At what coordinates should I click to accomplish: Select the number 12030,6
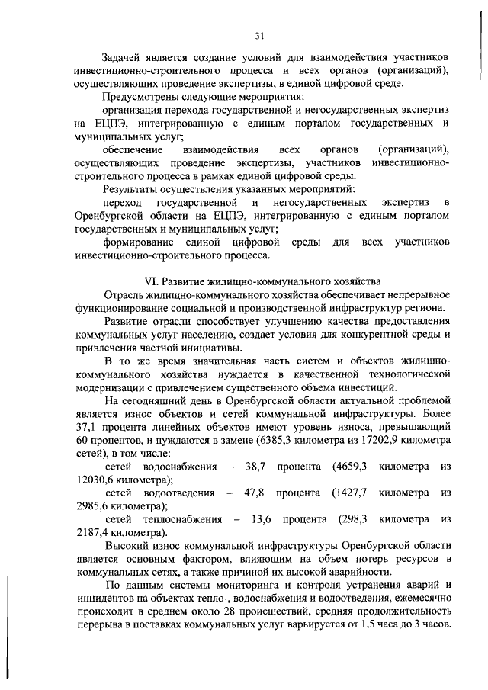pos(97,480)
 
